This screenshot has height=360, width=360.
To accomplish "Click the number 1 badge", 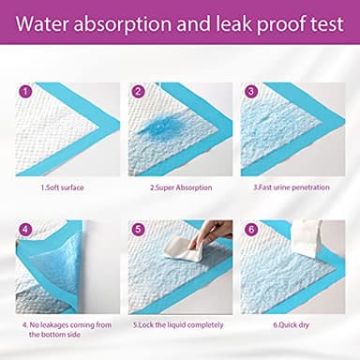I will [25, 92].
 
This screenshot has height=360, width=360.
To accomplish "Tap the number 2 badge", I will [138, 92].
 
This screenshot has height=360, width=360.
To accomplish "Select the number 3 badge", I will [250, 92].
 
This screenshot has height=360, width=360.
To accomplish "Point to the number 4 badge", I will [25, 229].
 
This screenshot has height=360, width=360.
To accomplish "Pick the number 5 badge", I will [138, 229].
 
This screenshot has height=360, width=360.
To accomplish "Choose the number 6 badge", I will [250, 229].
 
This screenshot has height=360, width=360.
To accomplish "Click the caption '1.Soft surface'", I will [62, 187].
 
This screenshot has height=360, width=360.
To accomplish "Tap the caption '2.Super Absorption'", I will [179, 187].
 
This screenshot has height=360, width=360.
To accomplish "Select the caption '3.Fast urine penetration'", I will [292, 187].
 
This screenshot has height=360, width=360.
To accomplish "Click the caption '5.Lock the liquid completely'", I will [179, 325].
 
